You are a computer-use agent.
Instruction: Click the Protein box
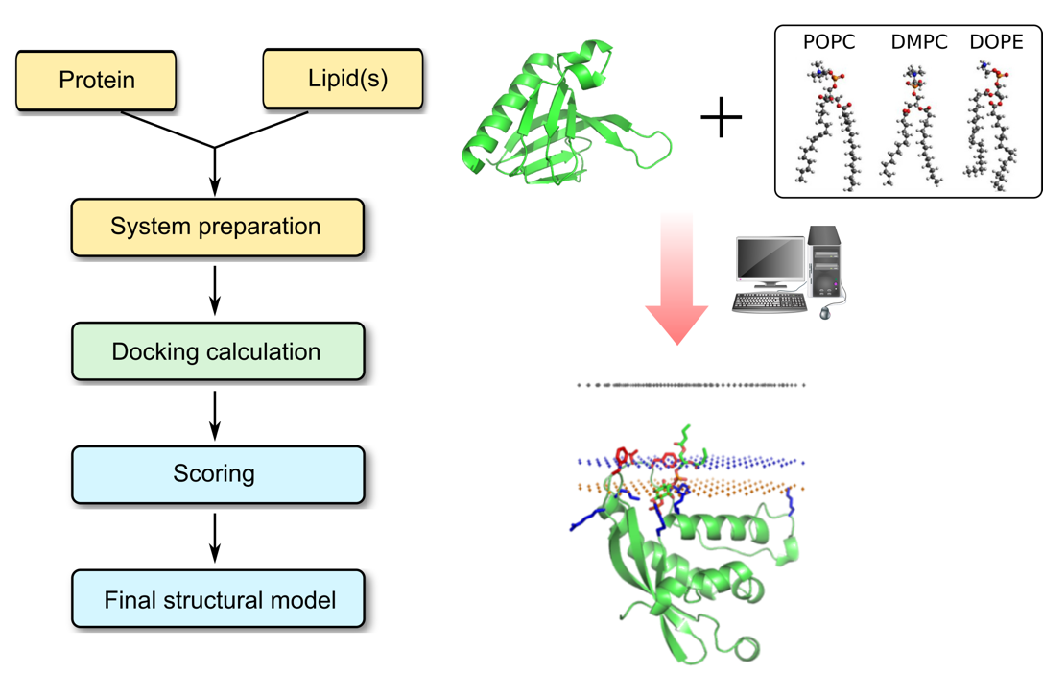96,80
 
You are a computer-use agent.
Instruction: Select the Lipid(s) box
342,78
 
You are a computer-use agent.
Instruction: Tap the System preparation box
217,228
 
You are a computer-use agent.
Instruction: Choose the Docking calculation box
217,351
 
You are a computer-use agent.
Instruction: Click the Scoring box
217,474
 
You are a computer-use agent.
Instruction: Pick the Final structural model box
218,600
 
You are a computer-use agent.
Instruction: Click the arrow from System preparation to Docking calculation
215,289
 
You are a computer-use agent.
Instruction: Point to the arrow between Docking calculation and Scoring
215,414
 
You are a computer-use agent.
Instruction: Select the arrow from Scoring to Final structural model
215,538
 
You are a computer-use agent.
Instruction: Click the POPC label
828,42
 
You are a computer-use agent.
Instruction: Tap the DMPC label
918,42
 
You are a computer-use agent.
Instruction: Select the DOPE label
997,42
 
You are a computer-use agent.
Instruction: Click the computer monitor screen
770,261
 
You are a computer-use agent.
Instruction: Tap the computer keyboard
770,302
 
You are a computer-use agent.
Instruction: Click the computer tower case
824,262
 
